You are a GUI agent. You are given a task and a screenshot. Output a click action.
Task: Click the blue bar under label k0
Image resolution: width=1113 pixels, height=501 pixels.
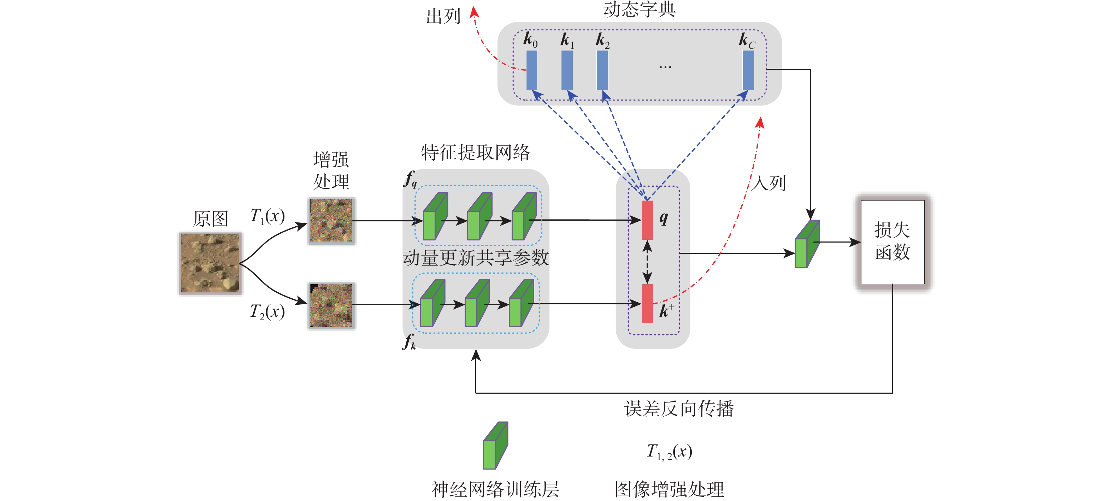532,70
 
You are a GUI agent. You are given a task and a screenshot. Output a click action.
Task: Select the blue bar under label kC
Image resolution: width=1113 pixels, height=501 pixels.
748,70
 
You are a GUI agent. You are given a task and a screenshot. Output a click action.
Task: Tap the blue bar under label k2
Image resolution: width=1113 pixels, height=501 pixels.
602,70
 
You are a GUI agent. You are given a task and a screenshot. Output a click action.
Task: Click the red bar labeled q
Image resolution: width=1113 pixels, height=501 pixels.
647,220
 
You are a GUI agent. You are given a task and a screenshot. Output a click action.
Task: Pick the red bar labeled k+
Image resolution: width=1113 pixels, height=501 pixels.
647,304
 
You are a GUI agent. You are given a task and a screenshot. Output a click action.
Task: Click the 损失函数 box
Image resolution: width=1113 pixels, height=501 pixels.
893,242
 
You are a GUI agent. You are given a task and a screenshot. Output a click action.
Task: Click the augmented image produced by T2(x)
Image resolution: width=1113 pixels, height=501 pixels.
331,305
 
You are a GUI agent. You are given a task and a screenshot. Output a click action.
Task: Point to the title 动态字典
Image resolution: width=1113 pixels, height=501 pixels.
640,10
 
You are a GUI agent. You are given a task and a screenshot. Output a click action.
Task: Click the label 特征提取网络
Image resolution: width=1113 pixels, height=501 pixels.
475,153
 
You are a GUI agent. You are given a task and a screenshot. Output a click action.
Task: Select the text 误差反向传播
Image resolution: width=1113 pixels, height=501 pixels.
679,408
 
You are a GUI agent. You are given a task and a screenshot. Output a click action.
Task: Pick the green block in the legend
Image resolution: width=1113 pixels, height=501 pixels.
495,446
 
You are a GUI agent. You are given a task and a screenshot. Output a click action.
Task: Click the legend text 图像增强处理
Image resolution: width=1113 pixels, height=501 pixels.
669,489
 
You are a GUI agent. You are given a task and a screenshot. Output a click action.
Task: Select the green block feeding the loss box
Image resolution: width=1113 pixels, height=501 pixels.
807,244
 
